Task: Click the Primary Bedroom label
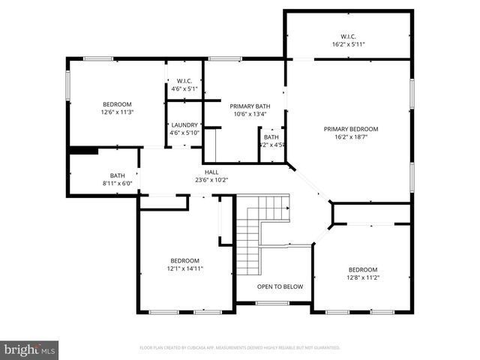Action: (x=350, y=129)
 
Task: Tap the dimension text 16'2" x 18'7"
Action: (x=350, y=137)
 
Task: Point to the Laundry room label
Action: (x=184, y=125)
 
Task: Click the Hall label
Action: (x=211, y=172)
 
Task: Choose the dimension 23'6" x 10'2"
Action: (x=211, y=180)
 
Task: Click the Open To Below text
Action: (x=280, y=286)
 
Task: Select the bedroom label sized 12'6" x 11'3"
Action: (x=117, y=104)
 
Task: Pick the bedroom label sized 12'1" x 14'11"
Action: (x=184, y=260)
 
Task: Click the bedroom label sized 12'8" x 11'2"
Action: (x=362, y=269)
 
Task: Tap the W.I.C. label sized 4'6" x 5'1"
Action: (x=184, y=81)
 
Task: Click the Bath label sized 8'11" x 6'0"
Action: (x=117, y=175)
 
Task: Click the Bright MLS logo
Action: (x=30, y=349)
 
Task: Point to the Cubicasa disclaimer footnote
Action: (x=240, y=348)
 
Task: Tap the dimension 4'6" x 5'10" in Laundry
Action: (x=184, y=133)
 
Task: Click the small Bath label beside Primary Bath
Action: (x=271, y=137)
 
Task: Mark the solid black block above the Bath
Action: (x=82, y=150)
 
